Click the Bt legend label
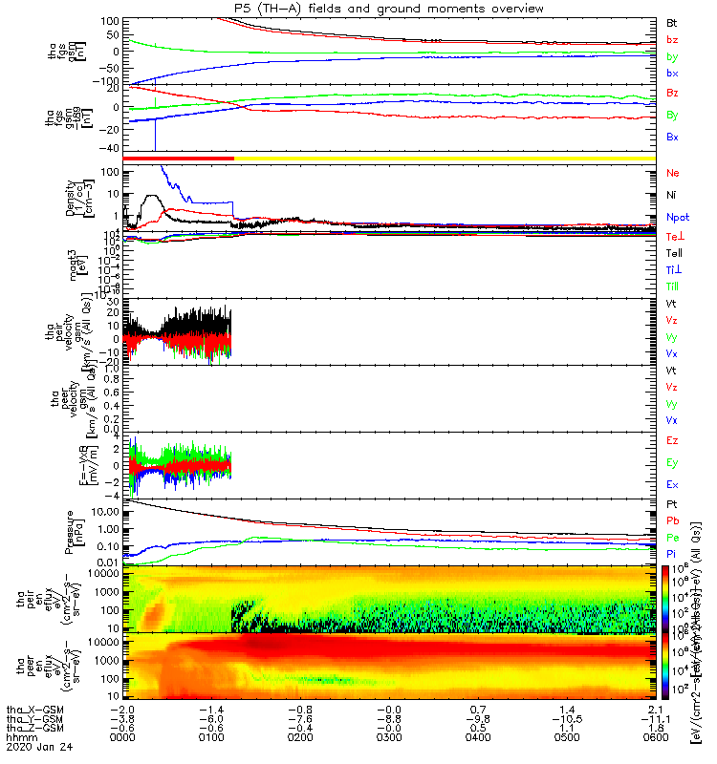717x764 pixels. [672, 22]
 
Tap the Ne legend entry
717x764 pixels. [672, 173]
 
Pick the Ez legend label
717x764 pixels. [672, 442]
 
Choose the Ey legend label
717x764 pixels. [672, 463]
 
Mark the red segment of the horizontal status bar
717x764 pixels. [179, 158]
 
